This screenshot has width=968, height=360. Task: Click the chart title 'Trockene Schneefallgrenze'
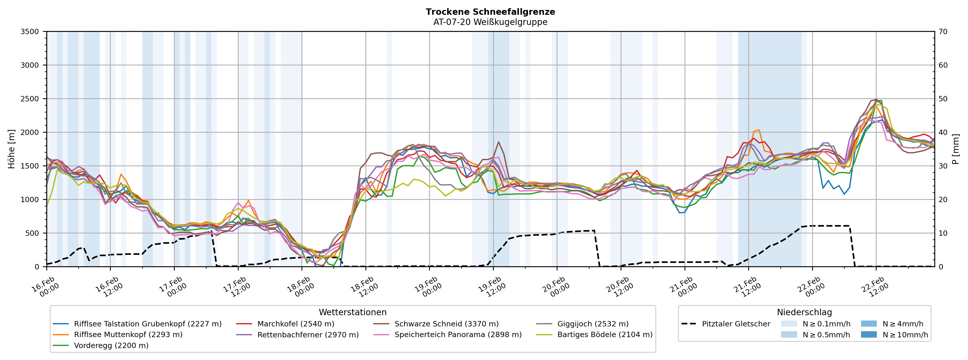point(490,12)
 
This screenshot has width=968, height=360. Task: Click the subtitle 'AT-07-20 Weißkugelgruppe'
point(490,22)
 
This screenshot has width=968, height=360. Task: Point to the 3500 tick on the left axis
point(30,32)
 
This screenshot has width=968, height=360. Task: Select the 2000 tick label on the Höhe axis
point(30,132)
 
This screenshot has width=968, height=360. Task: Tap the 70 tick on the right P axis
point(943,32)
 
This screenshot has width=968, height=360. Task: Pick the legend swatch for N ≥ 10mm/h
point(868,335)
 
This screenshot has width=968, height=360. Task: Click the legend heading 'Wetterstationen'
point(352,312)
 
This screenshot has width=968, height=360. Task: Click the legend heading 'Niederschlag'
point(804,312)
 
